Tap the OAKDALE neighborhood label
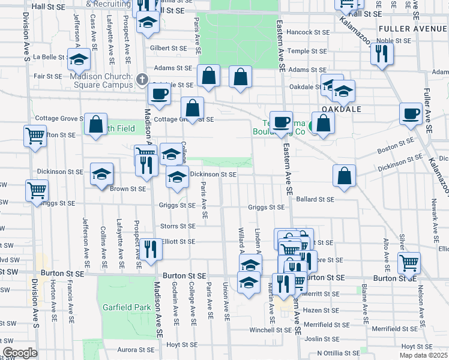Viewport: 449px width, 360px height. [x=340, y=109]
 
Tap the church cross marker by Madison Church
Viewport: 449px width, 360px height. [x=142, y=79]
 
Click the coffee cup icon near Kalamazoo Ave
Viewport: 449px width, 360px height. [x=412, y=113]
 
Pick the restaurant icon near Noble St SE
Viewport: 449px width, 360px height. [x=382, y=53]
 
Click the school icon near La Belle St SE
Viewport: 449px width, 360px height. [x=79, y=59]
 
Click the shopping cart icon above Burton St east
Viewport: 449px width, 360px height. [x=409, y=262]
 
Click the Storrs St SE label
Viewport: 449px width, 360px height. [x=178, y=226]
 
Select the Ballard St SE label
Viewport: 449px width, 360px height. [x=315, y=199]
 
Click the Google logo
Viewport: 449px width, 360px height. [x=20, y=353]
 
